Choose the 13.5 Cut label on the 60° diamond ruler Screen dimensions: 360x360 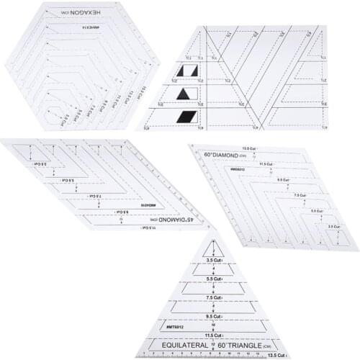click(x=251, y=148)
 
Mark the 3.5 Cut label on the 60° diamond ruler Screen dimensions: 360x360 click(x=333, y=227)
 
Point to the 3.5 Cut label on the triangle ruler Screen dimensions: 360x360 click(x=214, y=260)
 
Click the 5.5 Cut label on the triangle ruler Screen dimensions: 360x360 click(x=214, y=278)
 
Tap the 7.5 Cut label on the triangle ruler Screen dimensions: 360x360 click(x=214, y=296)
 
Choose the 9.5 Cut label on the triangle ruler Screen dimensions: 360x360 click(x=214, y=314)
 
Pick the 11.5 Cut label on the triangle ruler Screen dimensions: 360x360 click(x=214, y=334)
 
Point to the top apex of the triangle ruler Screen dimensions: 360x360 click(x=214, y=232)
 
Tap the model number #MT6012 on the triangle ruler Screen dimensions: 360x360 click(x=176, y=325)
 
